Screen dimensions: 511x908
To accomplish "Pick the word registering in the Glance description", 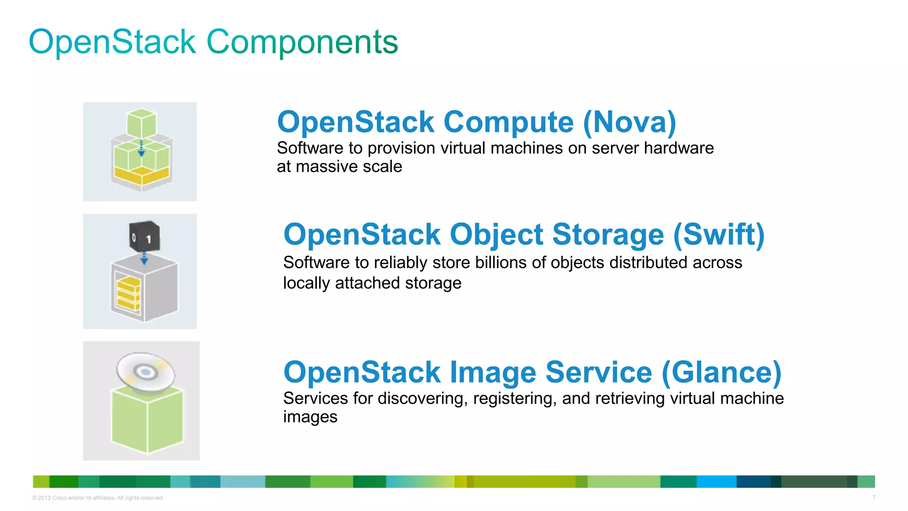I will (515, 399).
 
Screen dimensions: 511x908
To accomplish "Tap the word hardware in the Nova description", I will (679, 148).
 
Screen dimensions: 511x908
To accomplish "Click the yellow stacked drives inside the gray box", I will (128, 293).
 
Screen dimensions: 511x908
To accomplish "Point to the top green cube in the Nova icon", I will (141, 122).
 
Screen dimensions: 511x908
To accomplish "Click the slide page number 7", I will (874, 497).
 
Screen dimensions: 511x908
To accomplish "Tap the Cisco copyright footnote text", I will (98, 498).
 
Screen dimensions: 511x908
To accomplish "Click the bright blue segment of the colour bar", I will (716, 481).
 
